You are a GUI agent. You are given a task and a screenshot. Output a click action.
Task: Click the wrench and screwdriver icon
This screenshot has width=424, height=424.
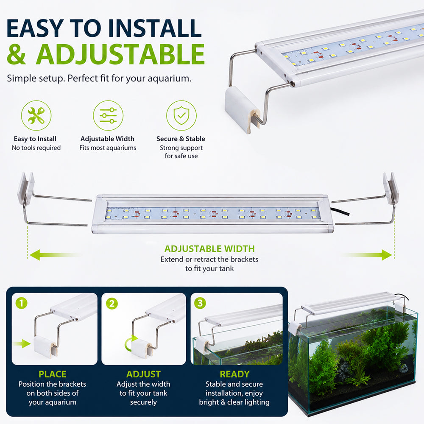36,115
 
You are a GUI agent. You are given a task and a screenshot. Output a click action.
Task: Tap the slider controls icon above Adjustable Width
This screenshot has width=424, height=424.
108,115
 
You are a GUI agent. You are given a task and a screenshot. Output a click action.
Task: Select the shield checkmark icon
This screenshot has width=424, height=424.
181,115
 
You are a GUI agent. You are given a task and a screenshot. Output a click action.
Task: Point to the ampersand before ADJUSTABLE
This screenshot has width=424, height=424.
17,54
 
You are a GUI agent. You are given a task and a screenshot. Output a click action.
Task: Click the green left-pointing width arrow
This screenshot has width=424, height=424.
56,255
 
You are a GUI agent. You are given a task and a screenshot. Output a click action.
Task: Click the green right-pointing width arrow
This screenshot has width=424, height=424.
367,255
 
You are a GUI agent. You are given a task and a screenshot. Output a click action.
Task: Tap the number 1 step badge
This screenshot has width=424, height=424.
21,303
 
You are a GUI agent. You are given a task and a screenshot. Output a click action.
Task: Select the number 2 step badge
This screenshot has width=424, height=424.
112,304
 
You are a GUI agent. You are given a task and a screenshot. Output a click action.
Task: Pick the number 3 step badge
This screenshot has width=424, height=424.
200,303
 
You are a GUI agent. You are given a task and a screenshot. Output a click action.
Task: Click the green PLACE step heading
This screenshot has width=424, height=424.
53,374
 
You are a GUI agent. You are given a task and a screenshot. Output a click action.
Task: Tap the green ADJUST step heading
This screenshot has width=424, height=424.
143,374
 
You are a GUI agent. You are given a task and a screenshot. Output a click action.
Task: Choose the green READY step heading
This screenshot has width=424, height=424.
234,374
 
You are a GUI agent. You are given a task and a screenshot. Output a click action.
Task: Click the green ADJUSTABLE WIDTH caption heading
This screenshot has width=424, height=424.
209,248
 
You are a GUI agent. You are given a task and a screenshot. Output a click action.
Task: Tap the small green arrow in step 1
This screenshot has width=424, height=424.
22,344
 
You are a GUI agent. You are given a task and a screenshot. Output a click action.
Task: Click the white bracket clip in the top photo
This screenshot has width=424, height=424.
242,109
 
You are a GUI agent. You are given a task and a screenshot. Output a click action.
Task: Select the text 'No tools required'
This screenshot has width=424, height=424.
36,148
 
